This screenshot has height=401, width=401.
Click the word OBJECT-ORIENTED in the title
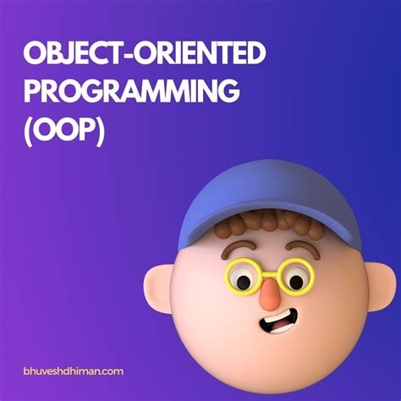pyautogui.click(x=145, y=56)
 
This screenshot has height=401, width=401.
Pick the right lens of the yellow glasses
pyautogui.click(x=297, y=277)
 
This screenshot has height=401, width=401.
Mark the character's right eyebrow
pyautogui.click(x=299, y=248)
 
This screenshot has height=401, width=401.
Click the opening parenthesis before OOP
pyautogui.click(x=29, y=130)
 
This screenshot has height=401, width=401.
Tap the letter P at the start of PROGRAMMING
pyautogui.click(x=33, y=93)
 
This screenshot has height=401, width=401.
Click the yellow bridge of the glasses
pyautogui.click(x=270, y=272)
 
